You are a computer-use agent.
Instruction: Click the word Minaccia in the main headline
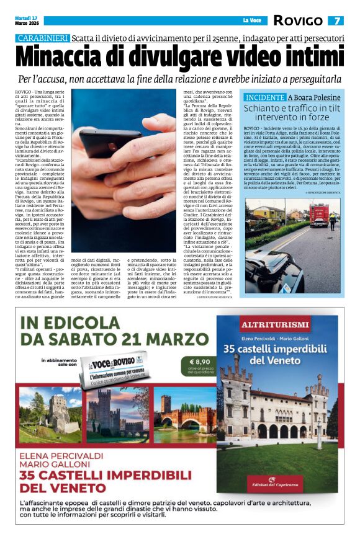[60, 58]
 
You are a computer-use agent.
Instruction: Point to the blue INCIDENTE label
[265, 97]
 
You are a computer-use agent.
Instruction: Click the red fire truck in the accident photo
[320, 214]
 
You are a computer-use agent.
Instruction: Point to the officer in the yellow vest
[333, 220]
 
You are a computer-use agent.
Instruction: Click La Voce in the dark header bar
[251, 20]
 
